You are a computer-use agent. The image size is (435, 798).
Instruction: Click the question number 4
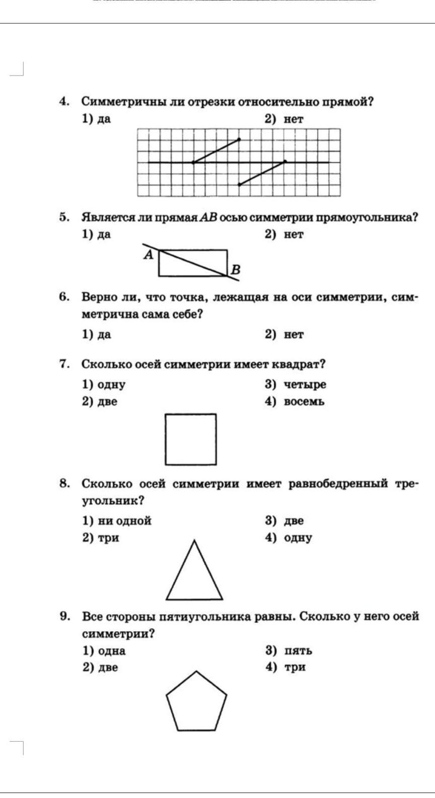(x=64, y=102)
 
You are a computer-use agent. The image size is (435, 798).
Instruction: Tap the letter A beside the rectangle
(x=148, y=255)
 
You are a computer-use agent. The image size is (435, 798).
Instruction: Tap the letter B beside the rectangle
(x=235, y=270)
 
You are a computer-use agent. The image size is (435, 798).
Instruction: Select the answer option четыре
(x=304, y=384)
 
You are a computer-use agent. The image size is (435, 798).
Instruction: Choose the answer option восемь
(x=304, y=402)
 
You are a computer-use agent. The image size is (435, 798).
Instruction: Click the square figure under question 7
(x=191, y=439)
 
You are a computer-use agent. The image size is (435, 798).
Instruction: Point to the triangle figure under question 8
(x=194, y=574)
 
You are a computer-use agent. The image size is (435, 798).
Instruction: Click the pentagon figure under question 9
(x=196, y=702)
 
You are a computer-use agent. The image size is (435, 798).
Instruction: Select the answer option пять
(x=298, y=650)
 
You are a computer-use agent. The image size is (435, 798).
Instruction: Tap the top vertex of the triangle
(x=194, y=541)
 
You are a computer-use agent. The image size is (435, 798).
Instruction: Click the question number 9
(x=64, y=616)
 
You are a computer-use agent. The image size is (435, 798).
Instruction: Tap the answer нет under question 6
(x=293, y=335)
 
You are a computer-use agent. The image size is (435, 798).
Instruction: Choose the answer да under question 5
(x=104, y=234)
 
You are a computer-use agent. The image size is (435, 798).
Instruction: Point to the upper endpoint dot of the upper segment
(x=239, y=139)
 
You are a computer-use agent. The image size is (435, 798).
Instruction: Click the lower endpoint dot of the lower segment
(x=239, y=184)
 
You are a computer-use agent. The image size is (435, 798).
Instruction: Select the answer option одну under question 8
(x=298, y=538)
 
